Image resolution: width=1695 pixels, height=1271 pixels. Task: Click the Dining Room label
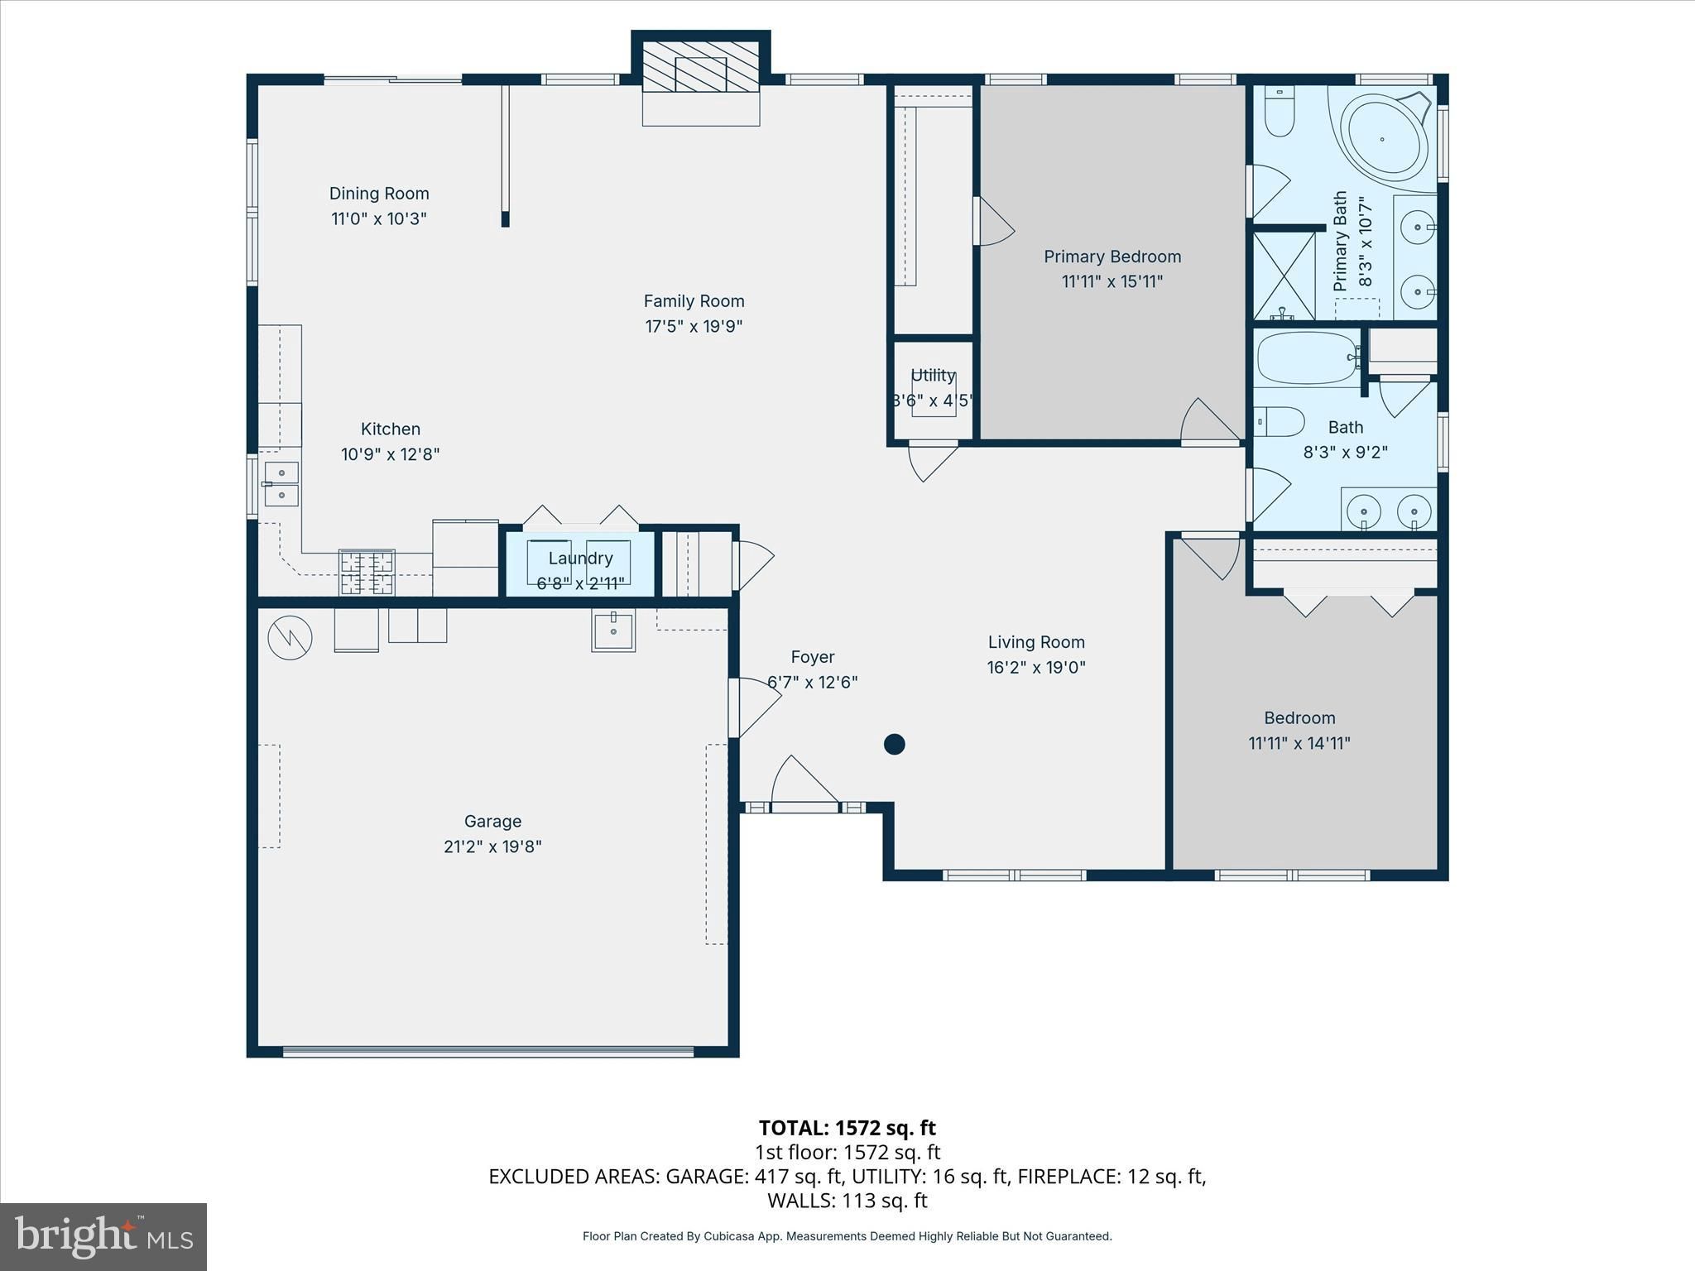(379, 194)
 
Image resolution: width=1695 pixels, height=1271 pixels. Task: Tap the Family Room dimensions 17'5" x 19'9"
(694, 326)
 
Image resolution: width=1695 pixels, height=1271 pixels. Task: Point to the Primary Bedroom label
(1112, 257)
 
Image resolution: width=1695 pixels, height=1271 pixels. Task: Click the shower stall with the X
(1284, 276)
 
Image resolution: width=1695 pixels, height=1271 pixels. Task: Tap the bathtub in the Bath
(1308, 357)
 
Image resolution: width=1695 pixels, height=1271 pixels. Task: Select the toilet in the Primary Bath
(1280, 113)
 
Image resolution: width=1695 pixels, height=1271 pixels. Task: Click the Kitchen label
(391, 429)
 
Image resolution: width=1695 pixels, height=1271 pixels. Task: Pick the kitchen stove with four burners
(367, 573)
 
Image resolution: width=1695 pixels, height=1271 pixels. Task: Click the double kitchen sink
(281, 483)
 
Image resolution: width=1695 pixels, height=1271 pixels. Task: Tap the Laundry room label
(580, 559)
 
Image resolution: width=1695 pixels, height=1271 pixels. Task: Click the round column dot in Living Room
(894, 744)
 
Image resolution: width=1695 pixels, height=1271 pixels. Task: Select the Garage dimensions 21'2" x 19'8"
(492, 847)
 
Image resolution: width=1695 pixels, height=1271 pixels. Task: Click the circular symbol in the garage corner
(290, 637)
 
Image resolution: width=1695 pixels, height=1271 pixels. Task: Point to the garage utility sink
(613, 631)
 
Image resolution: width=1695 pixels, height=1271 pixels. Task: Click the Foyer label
(812, 657)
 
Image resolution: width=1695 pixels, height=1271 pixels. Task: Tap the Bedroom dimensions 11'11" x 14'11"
(1299, 743)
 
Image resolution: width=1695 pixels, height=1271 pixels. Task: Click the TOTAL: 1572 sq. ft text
(847, 1128)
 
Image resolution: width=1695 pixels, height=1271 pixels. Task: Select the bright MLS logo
(103, 1237)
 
